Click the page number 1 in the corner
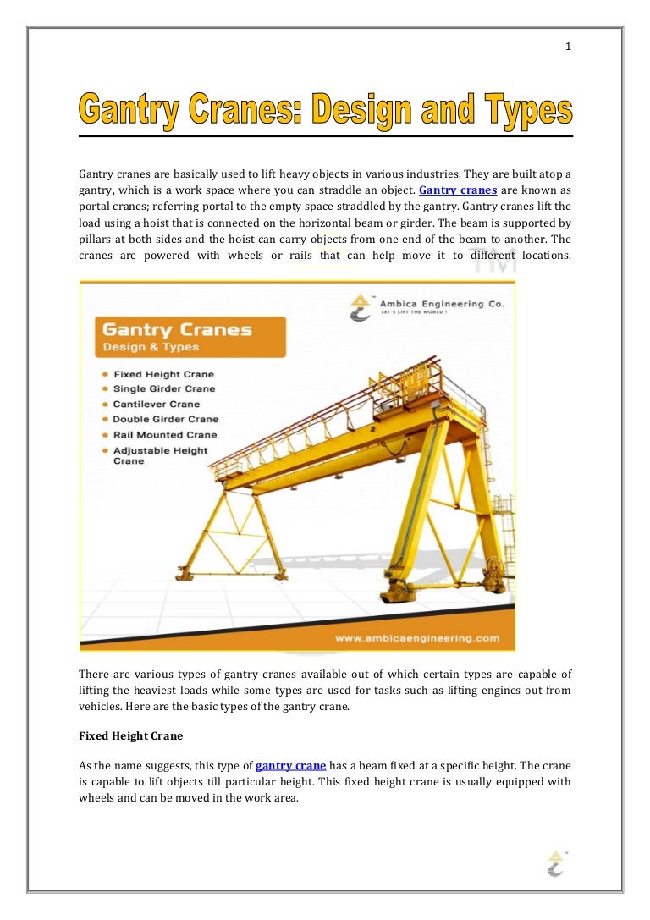coord(569,47)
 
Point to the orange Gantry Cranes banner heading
coord(177,330)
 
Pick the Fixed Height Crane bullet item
coord(163,374)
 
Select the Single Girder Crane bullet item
coord(164,389)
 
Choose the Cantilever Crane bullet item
coord(157,405)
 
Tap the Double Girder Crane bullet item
coord(165,420)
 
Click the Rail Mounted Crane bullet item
coord(164,435)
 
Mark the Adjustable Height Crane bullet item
coord(160,455)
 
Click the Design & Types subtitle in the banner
coord(151,347)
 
